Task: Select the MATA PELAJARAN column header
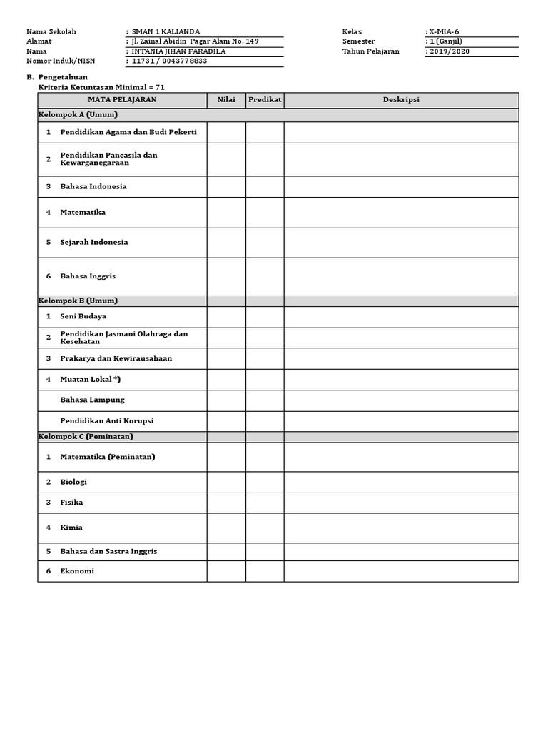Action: click(x=122, y=100)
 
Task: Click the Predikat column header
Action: click(x=265, y=100)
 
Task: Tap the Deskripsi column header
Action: click(x=401, y=100)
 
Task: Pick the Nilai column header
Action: click(x=226, y=100)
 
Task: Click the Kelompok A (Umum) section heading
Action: click(x=78, y=115)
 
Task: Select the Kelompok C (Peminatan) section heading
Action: click(x=86, y=436)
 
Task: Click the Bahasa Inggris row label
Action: click(x=88, y=276)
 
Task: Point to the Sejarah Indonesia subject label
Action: click(x=94, y=242)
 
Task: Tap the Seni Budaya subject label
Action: click(x=83, y=316)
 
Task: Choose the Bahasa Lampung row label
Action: click(x=93, y=400)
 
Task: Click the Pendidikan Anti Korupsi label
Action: click(x=107, y=421)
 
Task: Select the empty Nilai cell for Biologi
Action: click(x=226, y=482)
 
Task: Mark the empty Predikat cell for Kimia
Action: click(x=265, y=528)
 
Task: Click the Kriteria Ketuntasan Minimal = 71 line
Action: click(x=105, y=86)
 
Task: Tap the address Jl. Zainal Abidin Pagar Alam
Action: click(x=191, y=41)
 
